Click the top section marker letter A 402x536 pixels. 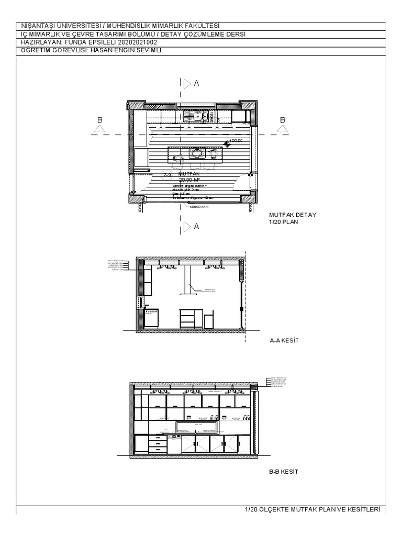pyautogui.click(x=197, y=83)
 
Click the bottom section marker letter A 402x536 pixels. pyautogui.click(x=197, y=226)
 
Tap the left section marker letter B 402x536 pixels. pyautogui.click(x=100, y=120)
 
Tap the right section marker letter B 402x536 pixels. pyautogui.click(x=283, y=120)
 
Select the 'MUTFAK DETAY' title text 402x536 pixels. pyautogui.click(x=293, y=215)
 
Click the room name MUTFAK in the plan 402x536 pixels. pyautogui.click(x=189, y=173)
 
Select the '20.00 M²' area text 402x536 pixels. pyautogui.click(x=190, y=179)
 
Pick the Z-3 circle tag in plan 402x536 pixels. pyautogui.click(x=167, y=175)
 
